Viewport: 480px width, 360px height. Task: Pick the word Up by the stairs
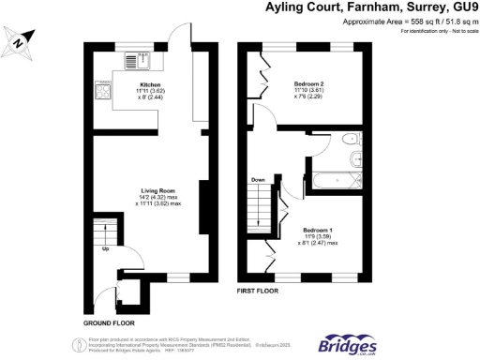point(106,249)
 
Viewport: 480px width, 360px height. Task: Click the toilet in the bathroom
point(350,141)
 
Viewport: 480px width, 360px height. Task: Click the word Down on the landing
point(258,181)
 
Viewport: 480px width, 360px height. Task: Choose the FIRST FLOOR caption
point(258,292)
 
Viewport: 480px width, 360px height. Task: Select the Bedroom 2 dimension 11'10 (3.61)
point(307,90)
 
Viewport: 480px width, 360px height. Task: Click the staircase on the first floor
point(258,208)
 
